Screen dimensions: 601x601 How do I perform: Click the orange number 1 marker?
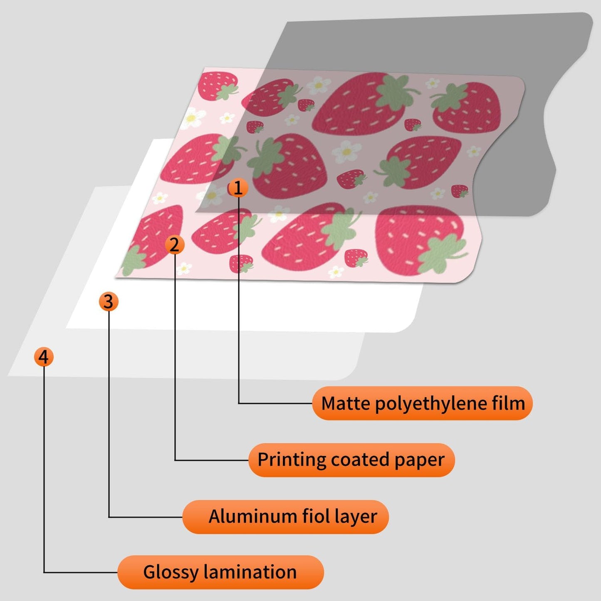238,188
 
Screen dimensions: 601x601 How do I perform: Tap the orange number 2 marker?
174,245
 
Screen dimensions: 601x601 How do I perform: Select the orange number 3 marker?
109,301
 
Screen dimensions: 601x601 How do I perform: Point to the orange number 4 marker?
44,357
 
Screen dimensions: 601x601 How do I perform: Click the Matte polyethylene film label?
422,403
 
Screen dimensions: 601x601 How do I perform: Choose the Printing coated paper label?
351,460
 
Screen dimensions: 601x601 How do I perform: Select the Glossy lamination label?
220,572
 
